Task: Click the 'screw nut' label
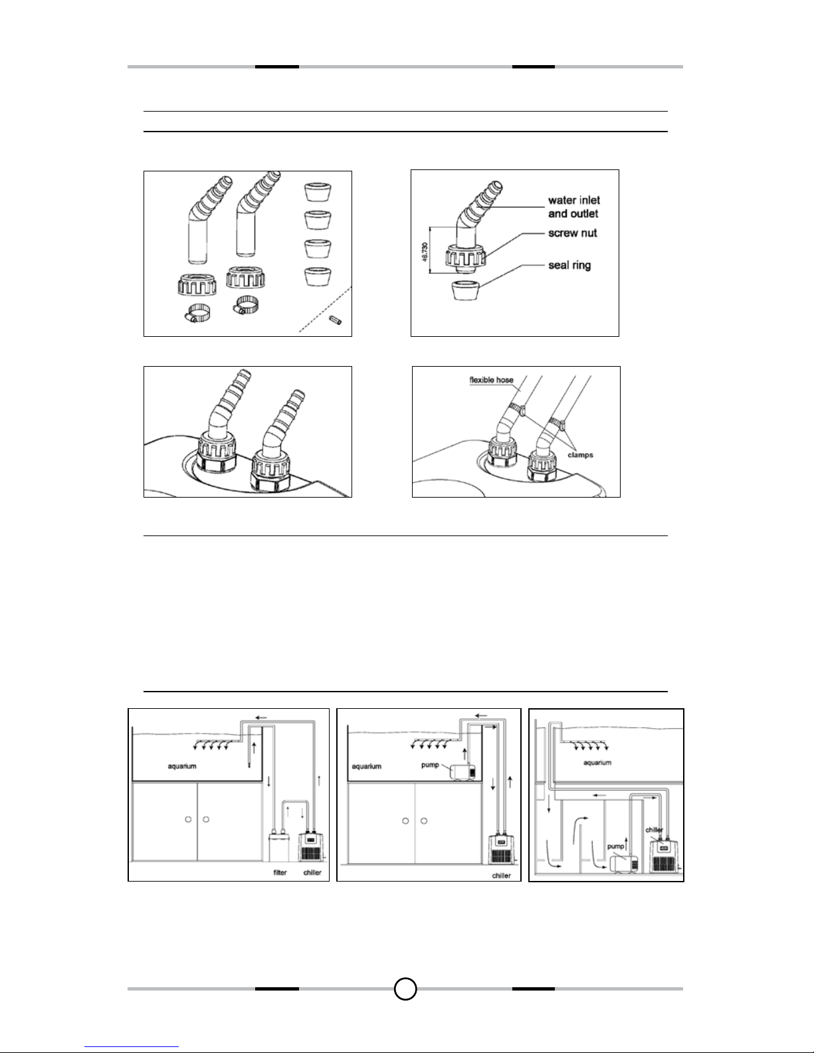[572, 233]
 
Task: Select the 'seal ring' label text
[569, 265]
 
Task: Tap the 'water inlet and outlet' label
[573, 207]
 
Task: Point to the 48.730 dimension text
[425, 252]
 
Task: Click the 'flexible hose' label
[491, 380]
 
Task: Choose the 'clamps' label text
[580, 455]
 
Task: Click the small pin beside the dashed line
[335, 320]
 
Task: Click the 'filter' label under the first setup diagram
[280, 873]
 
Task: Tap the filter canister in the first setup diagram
[278, 847]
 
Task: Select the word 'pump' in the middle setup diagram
[430, 765]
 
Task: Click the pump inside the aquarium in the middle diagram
[462, 772]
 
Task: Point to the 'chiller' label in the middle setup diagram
[501, 876]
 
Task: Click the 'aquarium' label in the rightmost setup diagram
[597, 763]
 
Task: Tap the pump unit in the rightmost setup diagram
[623, 864]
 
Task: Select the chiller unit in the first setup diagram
[311, 847]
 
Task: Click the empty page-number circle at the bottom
[405, 989]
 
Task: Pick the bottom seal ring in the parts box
[318, 276]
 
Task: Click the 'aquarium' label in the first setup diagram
[181, 766]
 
